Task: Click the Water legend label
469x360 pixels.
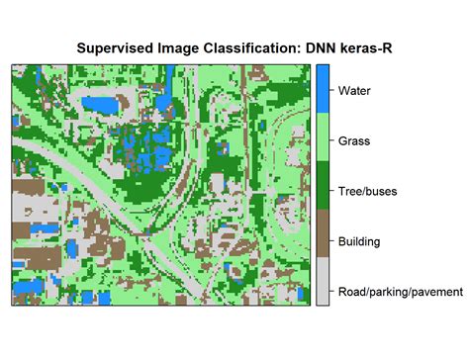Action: pos(355,91)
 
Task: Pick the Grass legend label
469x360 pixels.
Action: pos(355,141)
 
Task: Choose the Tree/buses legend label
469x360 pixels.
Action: pos(367,191)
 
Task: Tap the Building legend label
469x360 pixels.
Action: pos(360,241)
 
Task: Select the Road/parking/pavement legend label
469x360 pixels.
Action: pos(400,292)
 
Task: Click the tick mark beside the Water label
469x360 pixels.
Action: pos(331,91)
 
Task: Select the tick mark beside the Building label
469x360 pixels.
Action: pos(331,241)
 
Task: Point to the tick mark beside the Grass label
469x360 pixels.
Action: pos(331,141)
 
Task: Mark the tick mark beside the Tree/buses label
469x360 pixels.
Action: pos(331,191)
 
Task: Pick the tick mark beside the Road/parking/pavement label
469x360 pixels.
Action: pos(331,292)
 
